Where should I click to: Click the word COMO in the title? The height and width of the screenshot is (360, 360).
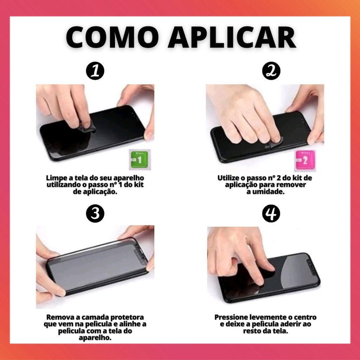(112, 37)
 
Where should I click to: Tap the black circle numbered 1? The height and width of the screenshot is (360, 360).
(95, 71)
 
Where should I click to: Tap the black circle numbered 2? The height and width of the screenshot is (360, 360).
(271, 71)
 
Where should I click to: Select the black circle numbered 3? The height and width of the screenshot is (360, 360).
(95, 213)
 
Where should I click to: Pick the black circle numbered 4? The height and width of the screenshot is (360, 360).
(271, 213)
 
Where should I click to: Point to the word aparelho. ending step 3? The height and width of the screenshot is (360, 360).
(95, 338)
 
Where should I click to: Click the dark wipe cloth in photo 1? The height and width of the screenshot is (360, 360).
(87, 127)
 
